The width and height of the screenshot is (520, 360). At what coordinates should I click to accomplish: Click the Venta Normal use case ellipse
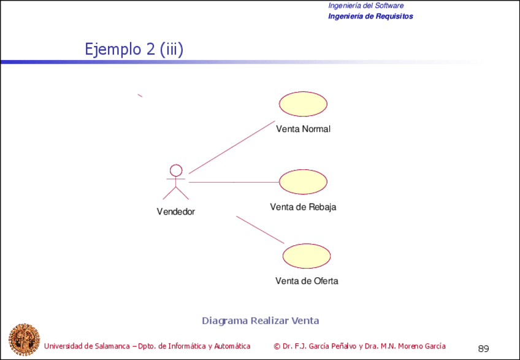(x=303, y=104)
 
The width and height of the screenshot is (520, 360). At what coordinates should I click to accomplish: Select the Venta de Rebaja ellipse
(x=303, y=182)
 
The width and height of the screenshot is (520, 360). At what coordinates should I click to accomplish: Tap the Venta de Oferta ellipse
(x=307, y=255)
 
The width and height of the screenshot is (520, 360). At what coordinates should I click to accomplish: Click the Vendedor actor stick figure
(x=176, y=182)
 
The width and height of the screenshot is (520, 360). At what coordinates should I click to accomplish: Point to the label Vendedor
(x=176, y=212)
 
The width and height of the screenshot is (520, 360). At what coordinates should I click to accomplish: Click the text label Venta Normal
(x=303, y=129)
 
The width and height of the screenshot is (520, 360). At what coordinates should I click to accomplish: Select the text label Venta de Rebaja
(x=303, y=207)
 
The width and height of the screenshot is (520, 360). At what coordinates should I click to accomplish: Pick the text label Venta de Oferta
(x=307, y=281)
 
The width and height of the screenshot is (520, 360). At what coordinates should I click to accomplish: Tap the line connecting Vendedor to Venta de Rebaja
(x=233, y=182)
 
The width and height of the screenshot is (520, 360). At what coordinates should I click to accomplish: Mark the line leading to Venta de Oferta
(x=260, y=229)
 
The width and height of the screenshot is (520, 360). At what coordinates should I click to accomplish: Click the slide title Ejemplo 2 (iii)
(x=134, y=49)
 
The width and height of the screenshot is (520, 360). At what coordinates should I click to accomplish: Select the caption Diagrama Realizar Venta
(x=260, y=320)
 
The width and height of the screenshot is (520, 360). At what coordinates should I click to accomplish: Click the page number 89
(x=483, y=349)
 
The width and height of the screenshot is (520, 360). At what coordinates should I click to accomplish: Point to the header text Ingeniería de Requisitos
(x=370, y=16)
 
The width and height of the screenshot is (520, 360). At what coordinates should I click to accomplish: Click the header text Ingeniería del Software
(x=365, y=6)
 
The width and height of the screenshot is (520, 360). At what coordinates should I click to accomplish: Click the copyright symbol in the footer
(x=277, y=346)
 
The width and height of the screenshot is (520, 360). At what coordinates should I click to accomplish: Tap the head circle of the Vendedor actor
(x=176, y=170)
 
